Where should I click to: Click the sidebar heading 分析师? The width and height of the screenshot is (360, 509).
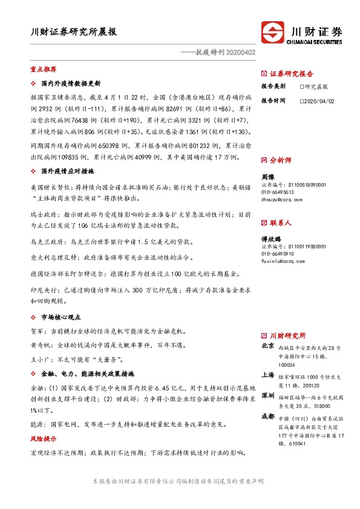[x=280, y=161]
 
